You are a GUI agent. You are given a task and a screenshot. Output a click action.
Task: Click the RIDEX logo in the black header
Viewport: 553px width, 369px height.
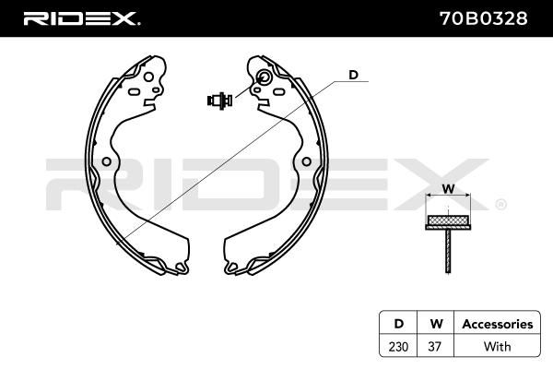coord(82,18)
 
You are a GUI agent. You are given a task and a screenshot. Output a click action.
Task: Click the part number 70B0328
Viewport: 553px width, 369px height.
coord(484,18)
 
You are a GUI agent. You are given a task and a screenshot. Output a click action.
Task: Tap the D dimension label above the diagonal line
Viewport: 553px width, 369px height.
coord(353,75)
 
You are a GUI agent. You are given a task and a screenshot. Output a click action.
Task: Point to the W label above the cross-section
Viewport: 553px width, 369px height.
coord(448,189)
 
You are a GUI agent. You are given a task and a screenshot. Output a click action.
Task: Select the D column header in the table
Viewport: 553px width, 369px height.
coord(398,324)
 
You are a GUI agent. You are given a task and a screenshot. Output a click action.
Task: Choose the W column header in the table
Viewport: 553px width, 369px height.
coord(436,324)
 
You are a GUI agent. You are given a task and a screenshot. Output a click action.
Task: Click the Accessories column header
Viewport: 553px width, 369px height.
coord(498,324)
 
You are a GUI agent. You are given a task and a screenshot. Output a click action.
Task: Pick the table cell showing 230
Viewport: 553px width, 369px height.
coord(398,347)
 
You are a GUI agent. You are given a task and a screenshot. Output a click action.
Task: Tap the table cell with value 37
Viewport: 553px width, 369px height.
coord(435,347)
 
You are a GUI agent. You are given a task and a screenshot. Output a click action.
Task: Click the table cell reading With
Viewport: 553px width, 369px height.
coord(498,347)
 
